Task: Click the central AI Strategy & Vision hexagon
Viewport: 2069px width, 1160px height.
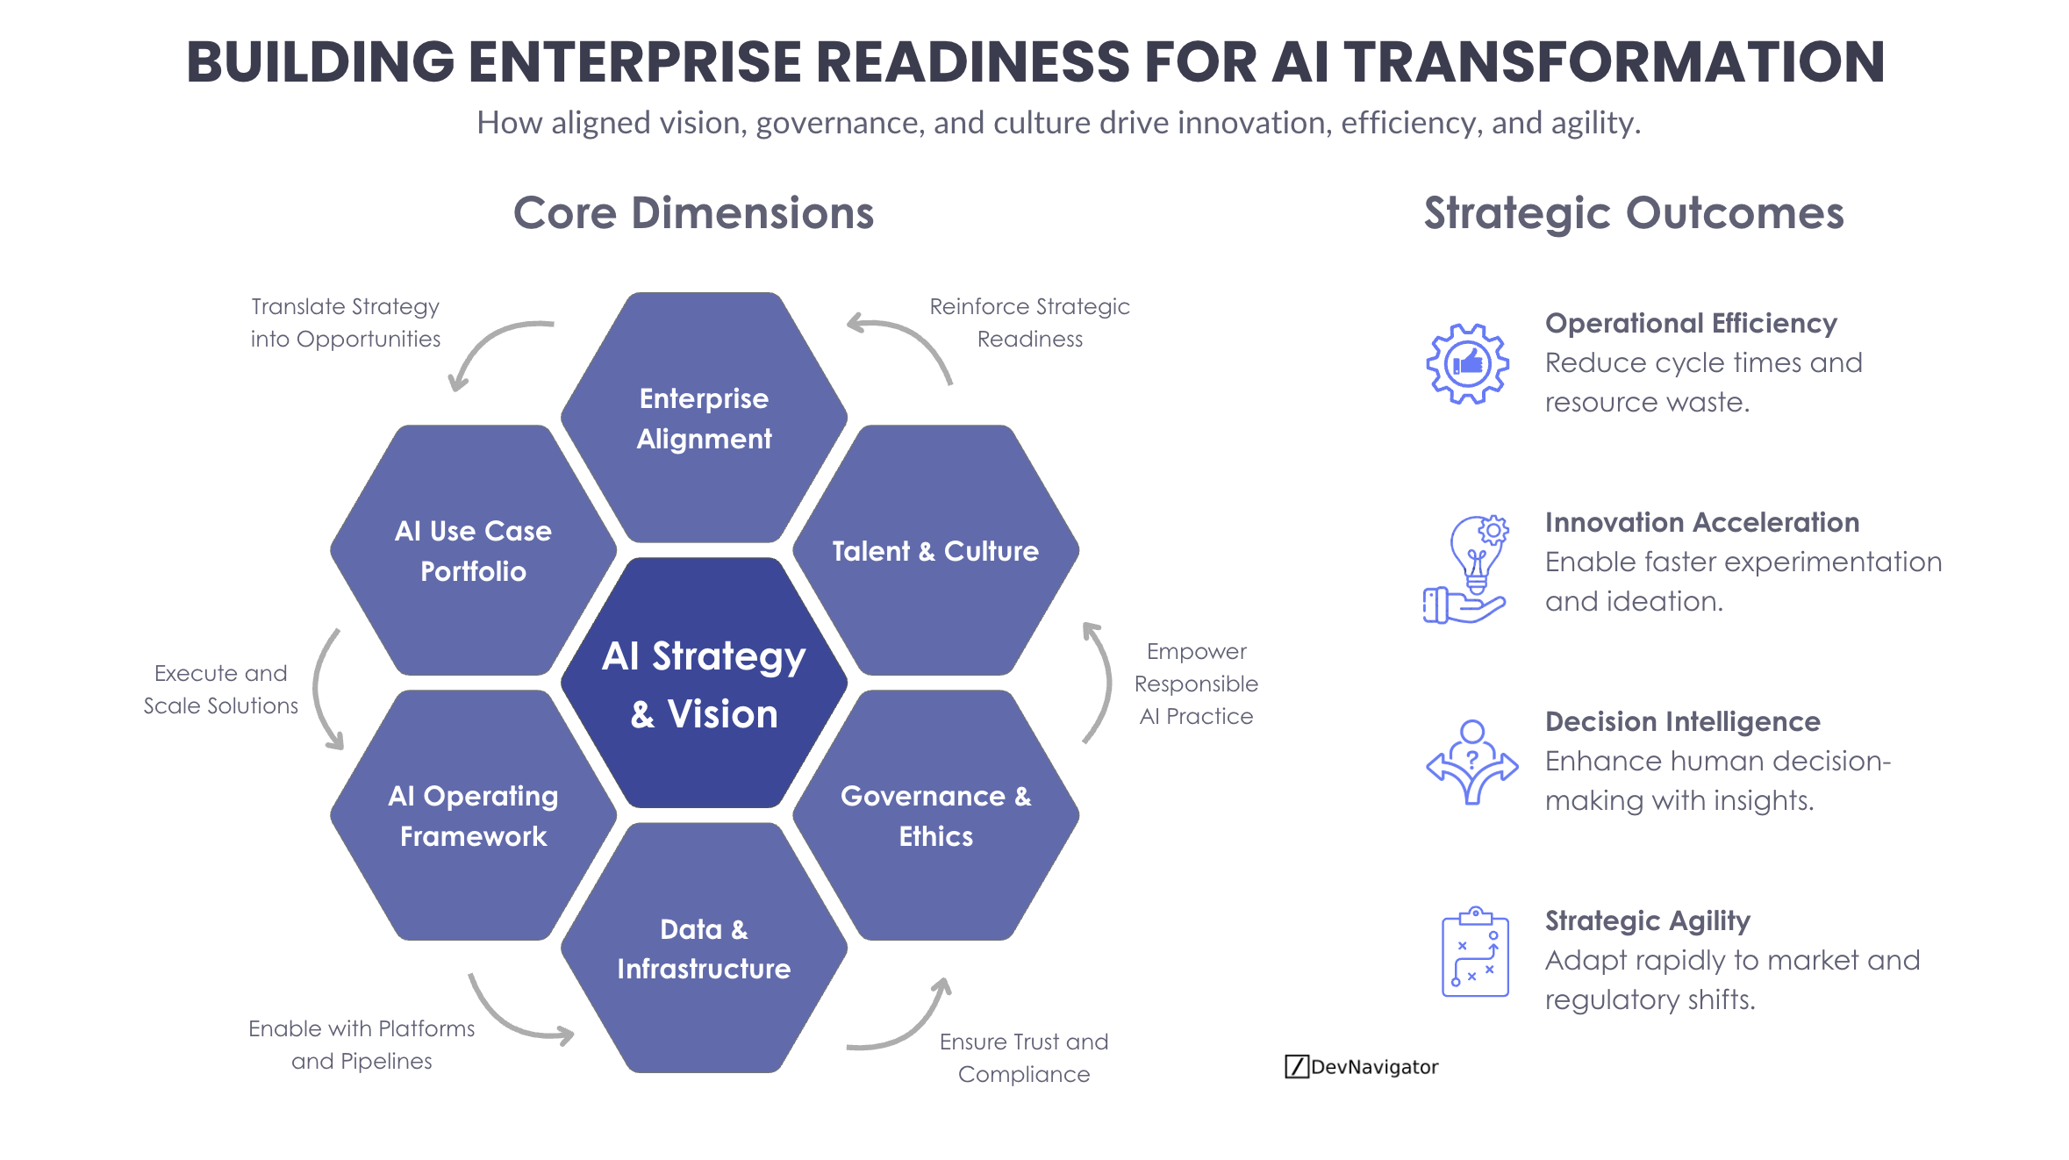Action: click(704, 684)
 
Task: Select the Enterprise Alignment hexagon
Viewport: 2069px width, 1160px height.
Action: click(704, 418)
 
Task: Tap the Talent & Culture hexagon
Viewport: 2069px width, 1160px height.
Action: click(935, 551)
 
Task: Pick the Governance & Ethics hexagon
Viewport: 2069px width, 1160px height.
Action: click(935, 815)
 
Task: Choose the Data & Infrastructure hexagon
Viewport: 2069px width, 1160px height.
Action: click(704, 949)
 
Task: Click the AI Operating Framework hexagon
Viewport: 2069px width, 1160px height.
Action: click(473, 815)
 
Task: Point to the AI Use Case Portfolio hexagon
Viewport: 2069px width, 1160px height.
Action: click(473, 551)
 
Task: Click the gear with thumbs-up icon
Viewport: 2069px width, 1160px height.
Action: click(1467, 363)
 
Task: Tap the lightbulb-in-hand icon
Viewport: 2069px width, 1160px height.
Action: click(1467, 569)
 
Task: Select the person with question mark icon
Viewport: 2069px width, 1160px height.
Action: click(1471, 762)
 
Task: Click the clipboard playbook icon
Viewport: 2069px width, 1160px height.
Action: click(1475, 952)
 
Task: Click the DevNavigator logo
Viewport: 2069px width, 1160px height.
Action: click(1361, 1066)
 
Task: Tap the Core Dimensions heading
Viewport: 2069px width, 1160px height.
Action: click(693, 213)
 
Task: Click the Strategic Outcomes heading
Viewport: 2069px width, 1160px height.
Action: click(1633, 213)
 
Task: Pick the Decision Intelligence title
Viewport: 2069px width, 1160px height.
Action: click(1682, 721)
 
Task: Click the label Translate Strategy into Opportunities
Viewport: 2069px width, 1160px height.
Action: click(345, 323)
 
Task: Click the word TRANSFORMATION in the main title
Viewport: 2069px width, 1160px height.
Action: click(1614, 62)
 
